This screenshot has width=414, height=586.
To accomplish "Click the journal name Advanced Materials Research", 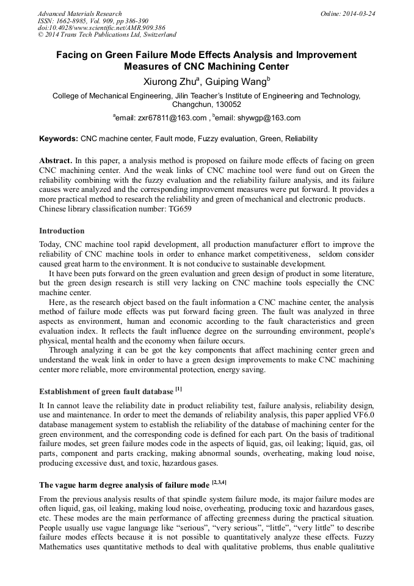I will point(79,13).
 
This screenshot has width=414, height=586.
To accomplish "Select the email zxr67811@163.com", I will point(162,118).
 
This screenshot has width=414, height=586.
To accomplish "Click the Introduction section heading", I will point(62,231).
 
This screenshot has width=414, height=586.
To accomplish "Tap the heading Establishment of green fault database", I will point(106,391).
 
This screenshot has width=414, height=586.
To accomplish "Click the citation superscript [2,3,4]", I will point(219,483).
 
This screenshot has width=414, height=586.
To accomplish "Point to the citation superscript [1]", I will point(178,389).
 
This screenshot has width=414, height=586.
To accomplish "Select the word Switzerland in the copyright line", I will point(158,35).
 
